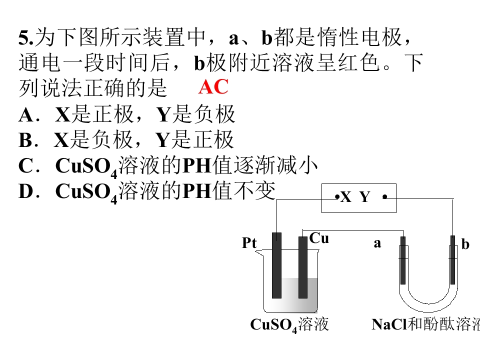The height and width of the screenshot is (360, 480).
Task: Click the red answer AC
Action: (213, 86)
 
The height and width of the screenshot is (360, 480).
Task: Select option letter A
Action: (26, 115)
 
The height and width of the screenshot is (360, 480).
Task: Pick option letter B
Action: (25, 140)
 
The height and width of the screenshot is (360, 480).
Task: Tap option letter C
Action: (25, 165)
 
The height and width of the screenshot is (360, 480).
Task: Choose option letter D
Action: (25, 191)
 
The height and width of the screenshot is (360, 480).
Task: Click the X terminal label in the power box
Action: (346, 197)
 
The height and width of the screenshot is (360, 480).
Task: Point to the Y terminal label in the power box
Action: (364, 197)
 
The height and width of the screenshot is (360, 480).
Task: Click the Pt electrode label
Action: (249, 243)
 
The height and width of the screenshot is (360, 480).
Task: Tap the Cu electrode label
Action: (319, 238)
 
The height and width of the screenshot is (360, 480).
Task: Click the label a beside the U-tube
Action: (377, 243)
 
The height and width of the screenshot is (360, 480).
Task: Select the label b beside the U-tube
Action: (465, 244)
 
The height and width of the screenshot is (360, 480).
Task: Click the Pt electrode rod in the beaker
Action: (276, 265)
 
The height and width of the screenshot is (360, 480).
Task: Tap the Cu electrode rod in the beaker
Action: (303, 267)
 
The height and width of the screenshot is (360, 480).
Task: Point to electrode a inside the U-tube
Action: (403, 260)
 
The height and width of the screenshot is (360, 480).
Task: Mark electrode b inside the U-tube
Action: (453, 260)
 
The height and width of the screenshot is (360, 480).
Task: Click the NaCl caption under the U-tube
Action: (425, 324)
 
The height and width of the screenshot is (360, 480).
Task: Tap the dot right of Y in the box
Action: (385, 197)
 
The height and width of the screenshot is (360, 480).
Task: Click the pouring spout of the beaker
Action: (259, 252)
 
